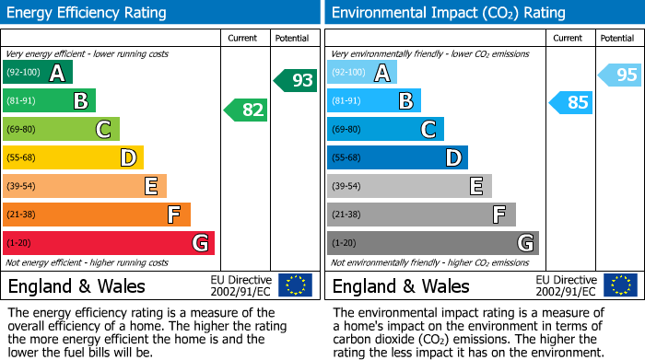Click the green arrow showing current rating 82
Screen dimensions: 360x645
click(x=246, y=110)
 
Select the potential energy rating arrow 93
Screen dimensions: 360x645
click(x=296, y=81)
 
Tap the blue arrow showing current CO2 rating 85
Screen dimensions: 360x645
click(x=571, y=102)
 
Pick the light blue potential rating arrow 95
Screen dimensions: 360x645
click(x=620, y=75)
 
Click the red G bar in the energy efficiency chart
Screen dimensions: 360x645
click(x=109, y=243)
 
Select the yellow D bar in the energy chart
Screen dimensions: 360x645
click(x=73, y=157)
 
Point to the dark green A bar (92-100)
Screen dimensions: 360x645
click(x=38, y=73)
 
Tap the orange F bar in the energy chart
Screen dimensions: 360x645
click(x=97, y=215)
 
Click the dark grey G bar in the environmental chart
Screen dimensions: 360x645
click(x=432, y=243)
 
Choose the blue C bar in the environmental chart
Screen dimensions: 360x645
click(x=385, y=129)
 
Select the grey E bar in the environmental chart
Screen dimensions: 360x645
click(x=409, y=186)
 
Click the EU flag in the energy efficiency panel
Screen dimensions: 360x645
click(x=295, y=285)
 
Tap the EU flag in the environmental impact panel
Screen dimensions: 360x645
click(x=620, y=285)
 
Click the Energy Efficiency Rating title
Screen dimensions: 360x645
click(x=88, y=13)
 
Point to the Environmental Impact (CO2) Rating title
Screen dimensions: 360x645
click(x=448, y=13)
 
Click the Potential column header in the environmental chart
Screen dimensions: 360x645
click(x=616, y=38)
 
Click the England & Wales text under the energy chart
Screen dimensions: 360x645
click(x=77, y=286)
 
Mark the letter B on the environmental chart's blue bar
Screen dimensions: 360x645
click(x=405, y=100)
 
